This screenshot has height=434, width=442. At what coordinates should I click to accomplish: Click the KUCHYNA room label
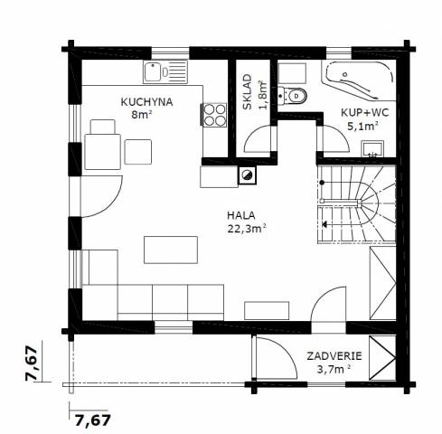[146, 102]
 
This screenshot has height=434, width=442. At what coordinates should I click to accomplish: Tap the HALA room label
[241, 215]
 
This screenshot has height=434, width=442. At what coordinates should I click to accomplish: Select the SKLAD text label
[248, 92]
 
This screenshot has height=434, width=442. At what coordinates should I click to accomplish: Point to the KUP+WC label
[365, 112]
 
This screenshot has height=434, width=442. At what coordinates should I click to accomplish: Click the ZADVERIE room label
[334, 356]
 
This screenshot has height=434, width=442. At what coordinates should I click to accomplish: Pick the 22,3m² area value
[247, 229]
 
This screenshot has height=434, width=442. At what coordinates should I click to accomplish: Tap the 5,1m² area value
[362, 126]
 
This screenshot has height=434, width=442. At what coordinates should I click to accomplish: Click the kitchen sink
[165, 71]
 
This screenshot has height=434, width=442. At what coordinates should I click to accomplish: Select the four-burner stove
[214, 115]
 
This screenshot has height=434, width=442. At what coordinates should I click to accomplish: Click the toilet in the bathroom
[292, 96]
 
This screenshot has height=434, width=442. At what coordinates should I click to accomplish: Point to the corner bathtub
[359, 80]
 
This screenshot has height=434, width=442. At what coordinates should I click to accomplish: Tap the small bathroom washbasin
[372, 149]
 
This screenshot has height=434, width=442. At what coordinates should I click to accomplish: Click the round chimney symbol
[248, 175]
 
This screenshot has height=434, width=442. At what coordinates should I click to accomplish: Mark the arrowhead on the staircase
[324, 224]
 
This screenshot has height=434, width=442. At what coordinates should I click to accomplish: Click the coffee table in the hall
[171, 250]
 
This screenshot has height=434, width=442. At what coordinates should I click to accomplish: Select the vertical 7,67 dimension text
[32, 363]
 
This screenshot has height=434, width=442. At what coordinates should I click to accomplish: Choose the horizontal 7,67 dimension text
[93, 420]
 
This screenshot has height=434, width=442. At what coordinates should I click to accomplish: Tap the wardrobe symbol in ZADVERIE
[382, 358]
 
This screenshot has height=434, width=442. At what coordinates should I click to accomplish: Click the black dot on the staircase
[322, 183]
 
